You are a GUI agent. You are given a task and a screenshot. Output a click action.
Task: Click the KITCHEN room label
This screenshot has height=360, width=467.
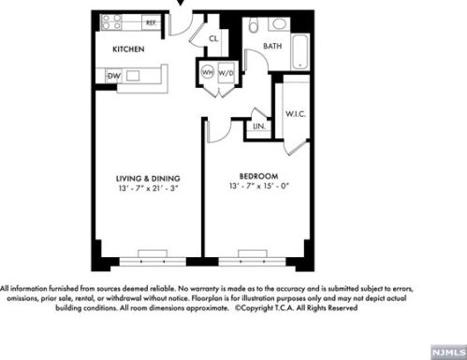pos(128,49)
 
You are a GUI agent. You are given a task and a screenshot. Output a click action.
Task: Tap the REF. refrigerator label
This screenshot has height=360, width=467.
pos(151,22)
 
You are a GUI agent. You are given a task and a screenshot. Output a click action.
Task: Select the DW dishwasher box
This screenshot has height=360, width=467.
pos(113,76)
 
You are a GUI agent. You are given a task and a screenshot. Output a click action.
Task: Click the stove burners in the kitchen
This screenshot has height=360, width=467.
pos(111,22)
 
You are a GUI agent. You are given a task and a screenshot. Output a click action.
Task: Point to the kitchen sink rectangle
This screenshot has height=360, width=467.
pos(133,76)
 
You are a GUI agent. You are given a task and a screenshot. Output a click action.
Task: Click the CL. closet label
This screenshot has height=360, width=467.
pos(213,38)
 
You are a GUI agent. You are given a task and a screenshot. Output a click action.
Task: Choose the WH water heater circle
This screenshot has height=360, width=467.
pos(208,72)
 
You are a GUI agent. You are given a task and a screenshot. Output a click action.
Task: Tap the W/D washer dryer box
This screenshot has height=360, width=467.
pos(226,73)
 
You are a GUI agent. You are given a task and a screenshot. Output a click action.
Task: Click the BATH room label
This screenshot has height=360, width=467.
pos(272,46)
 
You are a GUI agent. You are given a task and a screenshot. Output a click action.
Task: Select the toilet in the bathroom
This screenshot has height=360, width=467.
pos(254,25)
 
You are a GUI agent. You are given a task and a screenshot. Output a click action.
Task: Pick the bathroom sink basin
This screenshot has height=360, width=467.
pos(280,23)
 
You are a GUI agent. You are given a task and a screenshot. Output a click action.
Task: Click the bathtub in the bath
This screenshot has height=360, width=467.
pos(300,52)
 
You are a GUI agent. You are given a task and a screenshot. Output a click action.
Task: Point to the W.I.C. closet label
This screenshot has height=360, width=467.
pos(295,114)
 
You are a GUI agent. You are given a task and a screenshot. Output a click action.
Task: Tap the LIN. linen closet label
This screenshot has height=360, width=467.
pos(259,126)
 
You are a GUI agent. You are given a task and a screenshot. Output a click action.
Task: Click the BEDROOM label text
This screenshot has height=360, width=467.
pos(258,176)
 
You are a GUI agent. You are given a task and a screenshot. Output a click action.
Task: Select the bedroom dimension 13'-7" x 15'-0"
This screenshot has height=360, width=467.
pos(258,186)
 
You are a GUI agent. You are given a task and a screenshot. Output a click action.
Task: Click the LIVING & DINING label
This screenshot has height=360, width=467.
pos(148,179)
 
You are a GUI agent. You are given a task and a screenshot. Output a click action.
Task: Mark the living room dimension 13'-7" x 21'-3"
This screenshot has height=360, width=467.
pos(148,188)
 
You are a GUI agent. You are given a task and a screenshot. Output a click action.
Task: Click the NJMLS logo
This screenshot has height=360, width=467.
pos(448,353)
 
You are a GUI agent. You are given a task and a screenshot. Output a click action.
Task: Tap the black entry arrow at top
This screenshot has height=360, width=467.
pos(181,3)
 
